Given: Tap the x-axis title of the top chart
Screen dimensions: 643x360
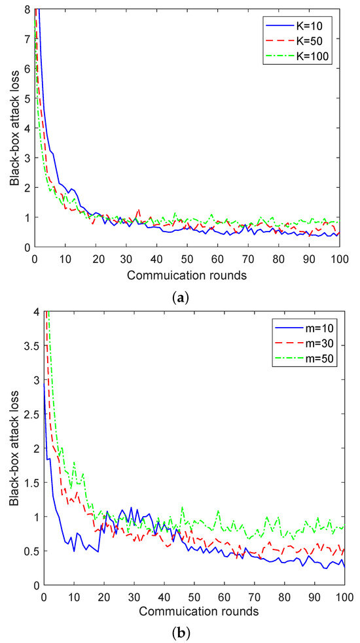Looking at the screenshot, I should point(188,275).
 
